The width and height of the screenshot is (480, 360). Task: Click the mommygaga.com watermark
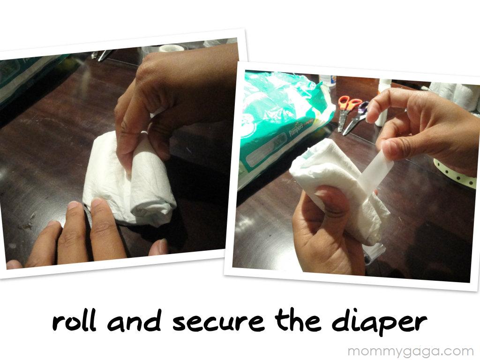411,351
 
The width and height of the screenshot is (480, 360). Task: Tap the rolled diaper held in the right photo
337,187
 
